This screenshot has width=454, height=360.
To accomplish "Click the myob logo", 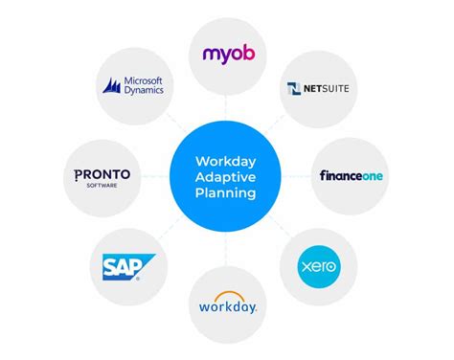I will (226, 54).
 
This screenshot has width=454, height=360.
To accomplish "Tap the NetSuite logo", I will (312, 90).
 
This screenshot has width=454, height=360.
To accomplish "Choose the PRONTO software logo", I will (102, 176).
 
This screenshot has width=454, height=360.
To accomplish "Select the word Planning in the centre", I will (226, 192).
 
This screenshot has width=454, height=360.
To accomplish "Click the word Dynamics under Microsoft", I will (144, 92).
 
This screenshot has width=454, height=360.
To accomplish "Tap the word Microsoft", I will (144, 80).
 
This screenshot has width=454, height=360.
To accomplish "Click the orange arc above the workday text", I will (227, 295).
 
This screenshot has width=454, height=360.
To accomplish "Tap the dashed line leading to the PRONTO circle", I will (155, 176).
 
